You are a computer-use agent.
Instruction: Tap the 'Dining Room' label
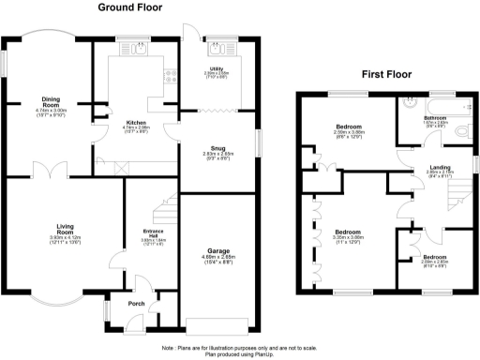pos(51,103)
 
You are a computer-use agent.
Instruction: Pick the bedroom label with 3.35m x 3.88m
pos(349,232)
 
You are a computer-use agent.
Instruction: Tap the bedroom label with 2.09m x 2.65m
pos(433,257)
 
